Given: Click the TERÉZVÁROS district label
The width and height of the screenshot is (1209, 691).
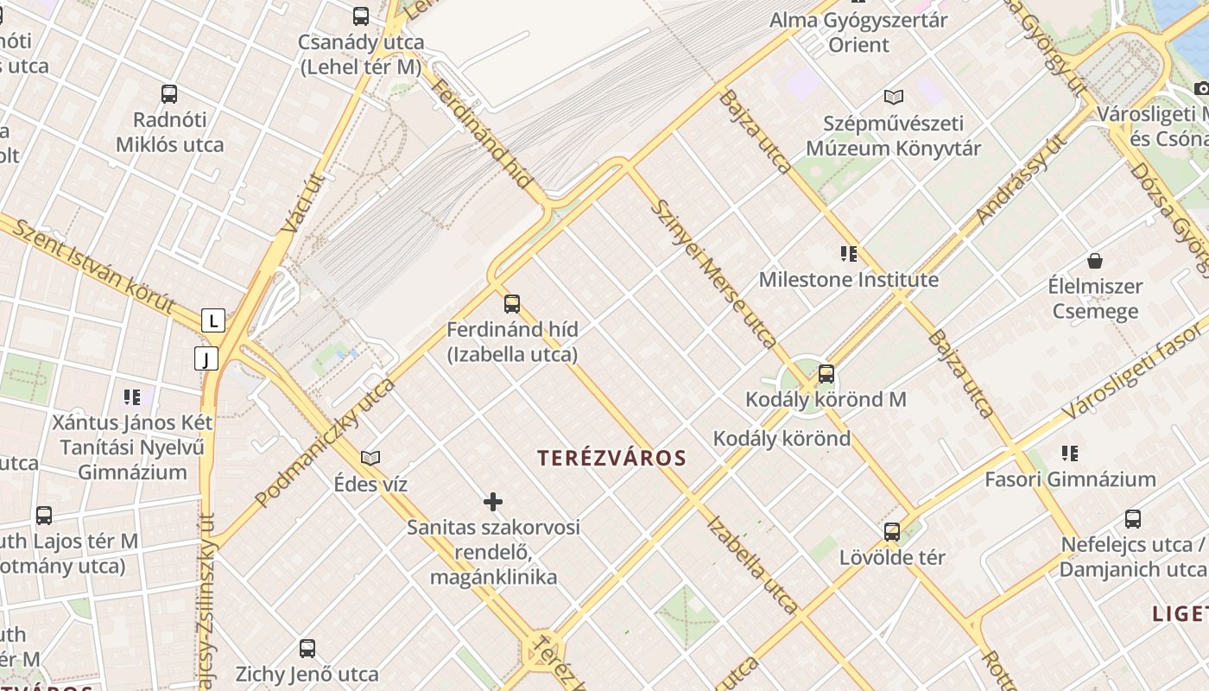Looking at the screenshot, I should pos(611,458).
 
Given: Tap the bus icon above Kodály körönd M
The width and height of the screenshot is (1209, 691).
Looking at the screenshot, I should pos(826,374).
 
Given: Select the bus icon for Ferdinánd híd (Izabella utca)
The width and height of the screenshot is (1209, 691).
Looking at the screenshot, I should pos(512,304).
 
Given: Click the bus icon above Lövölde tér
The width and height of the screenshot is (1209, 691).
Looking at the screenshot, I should pos(892,532).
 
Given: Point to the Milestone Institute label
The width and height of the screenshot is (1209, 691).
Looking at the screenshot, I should pos(848,280).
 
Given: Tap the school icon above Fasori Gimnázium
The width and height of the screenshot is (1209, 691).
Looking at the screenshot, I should pos(1070,453).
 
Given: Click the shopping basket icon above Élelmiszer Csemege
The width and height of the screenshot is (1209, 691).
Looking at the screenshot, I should pos(1095,261).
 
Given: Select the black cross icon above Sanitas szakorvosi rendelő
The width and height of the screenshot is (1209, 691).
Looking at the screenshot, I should pos(493,502).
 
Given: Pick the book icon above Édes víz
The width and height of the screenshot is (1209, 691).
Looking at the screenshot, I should pos(370,458).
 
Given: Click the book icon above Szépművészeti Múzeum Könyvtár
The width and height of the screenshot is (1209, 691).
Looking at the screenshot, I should pos(893,98).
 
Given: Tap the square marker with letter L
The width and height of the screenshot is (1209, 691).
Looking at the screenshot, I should pos(213,321).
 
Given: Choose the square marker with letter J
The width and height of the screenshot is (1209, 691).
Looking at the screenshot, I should pos(206,358).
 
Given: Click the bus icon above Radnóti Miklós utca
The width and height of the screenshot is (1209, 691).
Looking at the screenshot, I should pos(169,94).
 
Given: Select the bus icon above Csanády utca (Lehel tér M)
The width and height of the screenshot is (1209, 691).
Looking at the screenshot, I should pos(361,16).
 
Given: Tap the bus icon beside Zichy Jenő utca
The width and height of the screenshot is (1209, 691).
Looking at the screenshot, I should pos(307,649).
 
